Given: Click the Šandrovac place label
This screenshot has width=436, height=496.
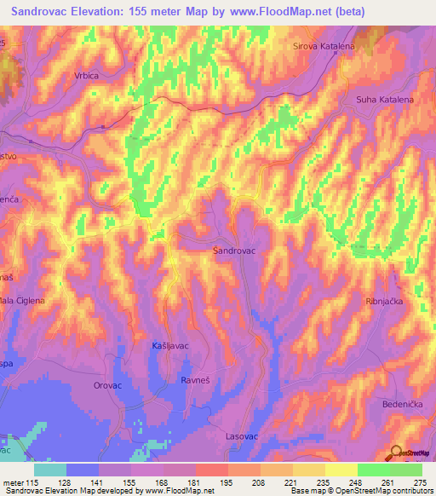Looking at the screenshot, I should (236, 251).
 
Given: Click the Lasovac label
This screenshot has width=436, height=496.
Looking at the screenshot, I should (242, 435).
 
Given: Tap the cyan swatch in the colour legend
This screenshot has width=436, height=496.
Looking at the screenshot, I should (50, 470).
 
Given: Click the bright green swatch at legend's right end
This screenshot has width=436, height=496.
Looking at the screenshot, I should (406, 470).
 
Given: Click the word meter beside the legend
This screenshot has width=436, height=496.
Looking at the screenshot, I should (14, 482).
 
